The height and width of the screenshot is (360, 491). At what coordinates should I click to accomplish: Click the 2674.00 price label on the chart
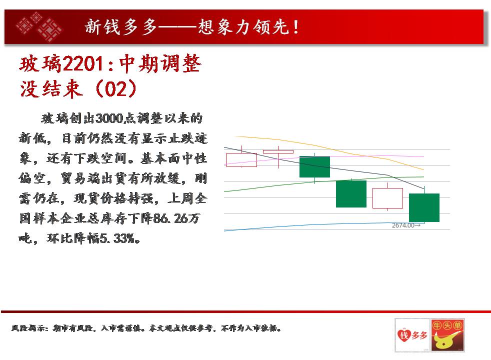[x=403, y=225]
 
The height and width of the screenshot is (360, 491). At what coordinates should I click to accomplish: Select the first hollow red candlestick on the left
[x=241, y=159]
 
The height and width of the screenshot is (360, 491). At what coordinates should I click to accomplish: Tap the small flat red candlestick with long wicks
[x=278, y=152]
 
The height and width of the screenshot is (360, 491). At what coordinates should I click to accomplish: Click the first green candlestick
[x=314, y=166]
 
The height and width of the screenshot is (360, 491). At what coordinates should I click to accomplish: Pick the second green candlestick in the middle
[x=351, y=194]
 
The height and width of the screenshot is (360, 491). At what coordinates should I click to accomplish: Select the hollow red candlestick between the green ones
[x=387, y=198]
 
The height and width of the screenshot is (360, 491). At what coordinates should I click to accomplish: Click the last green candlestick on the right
[x=424, y=207]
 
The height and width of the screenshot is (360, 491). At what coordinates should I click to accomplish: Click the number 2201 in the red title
[x=83, y=64]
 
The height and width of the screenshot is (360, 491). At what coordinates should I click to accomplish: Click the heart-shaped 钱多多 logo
[x=412, y=335]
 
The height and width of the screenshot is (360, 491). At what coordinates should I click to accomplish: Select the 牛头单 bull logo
[x=447, y=335]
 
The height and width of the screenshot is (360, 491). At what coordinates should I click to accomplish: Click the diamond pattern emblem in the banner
[x=39, y=27]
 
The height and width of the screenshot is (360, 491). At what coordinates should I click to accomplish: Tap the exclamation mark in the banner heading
[x=296, y=27]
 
